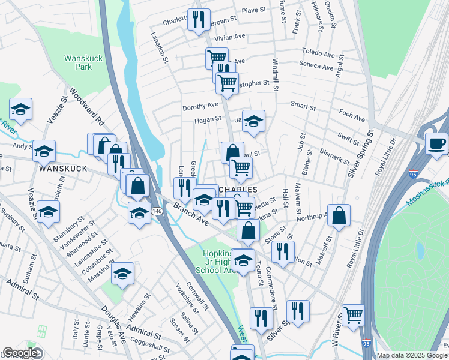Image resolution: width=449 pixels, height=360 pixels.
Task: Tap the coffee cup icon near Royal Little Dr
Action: coord(436,144)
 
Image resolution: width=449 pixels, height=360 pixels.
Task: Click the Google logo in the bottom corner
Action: coord(20,353)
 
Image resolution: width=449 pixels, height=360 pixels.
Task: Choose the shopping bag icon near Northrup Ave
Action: coord(339,216)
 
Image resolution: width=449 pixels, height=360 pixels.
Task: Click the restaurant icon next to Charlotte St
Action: coord(199,20)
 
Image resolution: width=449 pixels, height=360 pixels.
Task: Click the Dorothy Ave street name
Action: coord(200,105)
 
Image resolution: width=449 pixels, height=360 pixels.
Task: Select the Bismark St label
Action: coord(334,157)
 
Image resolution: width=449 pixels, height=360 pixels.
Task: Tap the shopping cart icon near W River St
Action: coord(353,314)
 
